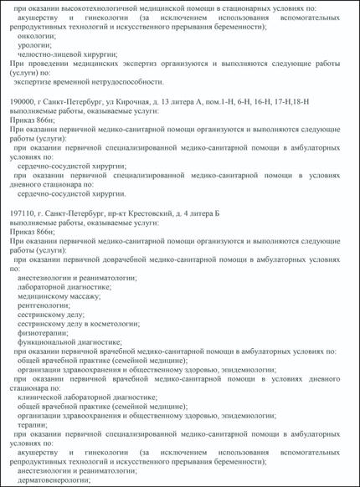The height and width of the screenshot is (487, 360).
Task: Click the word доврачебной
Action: [x=126, y=259]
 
